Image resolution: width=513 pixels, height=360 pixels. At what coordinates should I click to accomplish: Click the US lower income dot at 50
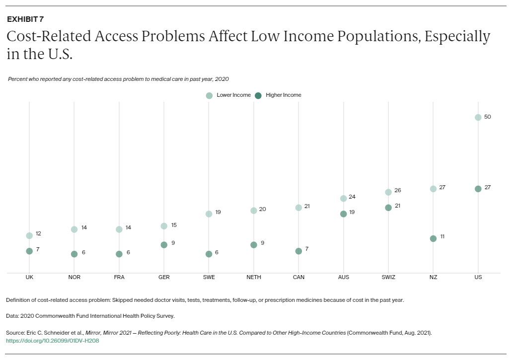click(x=478, y=118)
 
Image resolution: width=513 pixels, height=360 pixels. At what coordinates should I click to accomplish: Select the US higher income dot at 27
click(x=478, y=189)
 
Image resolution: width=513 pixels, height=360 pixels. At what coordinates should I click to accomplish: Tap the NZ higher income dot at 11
click(x=433, y=238)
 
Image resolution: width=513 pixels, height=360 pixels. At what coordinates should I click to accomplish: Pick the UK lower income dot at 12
click(x=29, y=235)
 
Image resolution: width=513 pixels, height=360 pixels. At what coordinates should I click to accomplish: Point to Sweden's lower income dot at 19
click(x=209, y=214)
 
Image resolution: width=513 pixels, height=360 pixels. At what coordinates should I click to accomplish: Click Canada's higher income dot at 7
click(x=298, y=251)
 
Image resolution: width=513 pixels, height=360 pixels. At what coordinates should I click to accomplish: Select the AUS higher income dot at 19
click(x=343, y=214)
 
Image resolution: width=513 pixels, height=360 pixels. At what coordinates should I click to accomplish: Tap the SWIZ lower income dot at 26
click(x=388, y=192)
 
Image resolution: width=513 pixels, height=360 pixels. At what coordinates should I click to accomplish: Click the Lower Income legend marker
click(x=209, y=95)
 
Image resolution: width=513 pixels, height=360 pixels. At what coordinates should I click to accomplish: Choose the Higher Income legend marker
click(x=258, y=95)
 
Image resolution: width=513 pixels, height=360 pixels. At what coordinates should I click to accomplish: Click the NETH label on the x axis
click(x=253, y=277)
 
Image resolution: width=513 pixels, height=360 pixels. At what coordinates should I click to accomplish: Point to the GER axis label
click(x=164, y=277)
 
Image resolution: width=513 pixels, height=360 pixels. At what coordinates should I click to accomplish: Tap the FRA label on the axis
click(x=119, y=277)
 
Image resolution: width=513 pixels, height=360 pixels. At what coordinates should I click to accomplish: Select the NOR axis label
click(x=74, y=277)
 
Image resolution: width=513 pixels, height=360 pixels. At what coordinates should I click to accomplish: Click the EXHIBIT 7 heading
click(x=25, y=19)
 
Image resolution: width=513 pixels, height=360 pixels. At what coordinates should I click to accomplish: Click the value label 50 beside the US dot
click(x=487, y=116)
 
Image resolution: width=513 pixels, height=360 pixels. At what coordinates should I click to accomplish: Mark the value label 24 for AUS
click(x=352, y=197)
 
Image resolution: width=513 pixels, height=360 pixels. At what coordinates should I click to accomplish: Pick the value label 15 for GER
click(x=174, y=225)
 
